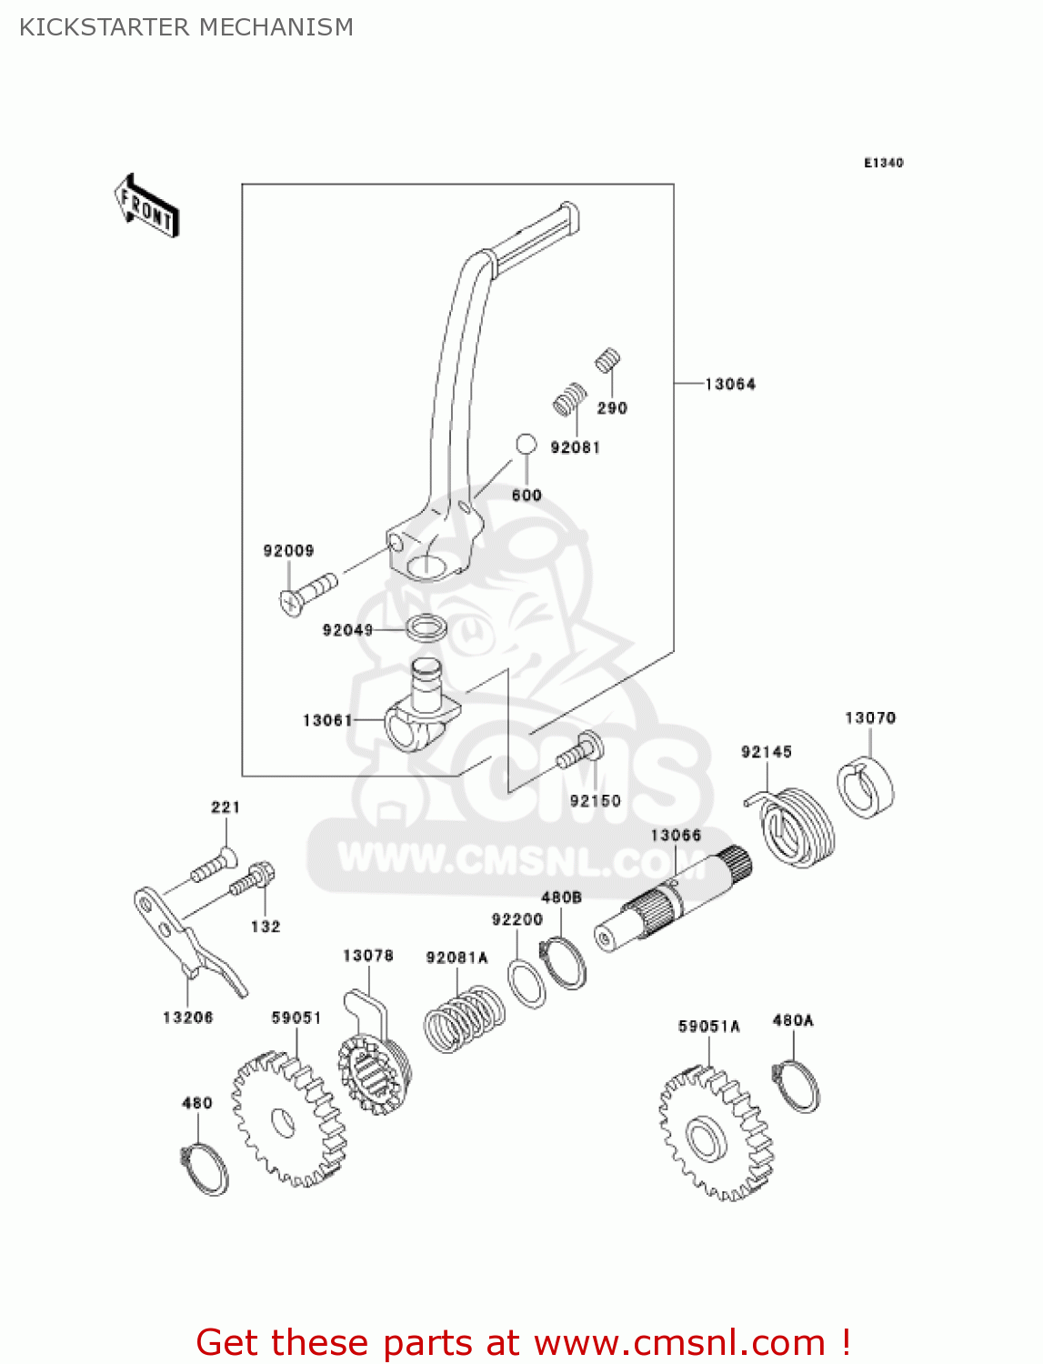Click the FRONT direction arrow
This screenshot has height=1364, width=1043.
click(x=146, y=206)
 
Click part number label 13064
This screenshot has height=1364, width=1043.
click(x=729, y=385)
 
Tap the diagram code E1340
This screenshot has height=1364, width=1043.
click(x=883, y=163)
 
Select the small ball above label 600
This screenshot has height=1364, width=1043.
click(x=526, y=445)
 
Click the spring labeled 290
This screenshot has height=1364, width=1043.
click(x=607, y=361)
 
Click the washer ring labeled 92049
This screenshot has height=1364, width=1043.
click(x=426, y=627)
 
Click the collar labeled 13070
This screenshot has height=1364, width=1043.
click(x=866, y=787)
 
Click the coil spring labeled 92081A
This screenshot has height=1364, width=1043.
click(x=464, y=1018)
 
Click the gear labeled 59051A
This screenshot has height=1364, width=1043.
click(x=715, y=1132)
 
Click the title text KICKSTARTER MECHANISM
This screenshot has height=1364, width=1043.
click(x=186, y=27)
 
